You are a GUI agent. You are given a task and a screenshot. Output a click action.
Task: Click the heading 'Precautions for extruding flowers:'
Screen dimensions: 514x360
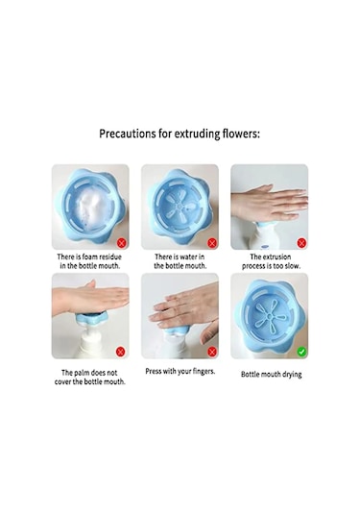180,134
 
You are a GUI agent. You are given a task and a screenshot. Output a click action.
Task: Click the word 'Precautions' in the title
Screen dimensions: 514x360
130,134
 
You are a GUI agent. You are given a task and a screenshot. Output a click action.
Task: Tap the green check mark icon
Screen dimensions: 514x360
300,352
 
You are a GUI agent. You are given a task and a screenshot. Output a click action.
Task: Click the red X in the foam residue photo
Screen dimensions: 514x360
120,243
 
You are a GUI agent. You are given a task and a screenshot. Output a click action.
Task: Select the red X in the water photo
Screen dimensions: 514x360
210,243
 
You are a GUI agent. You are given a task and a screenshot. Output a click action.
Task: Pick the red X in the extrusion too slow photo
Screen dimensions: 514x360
300,243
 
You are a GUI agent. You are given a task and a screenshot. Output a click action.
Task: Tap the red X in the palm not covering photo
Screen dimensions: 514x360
120,352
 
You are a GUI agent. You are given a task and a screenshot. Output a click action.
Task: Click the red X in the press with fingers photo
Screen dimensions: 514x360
210,352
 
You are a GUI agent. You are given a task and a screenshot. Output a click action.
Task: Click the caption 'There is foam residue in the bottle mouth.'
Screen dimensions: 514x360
89,263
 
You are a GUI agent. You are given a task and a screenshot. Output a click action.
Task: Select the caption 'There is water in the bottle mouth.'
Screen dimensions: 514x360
180,263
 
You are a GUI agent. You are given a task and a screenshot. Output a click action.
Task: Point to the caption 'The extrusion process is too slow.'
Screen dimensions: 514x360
270,263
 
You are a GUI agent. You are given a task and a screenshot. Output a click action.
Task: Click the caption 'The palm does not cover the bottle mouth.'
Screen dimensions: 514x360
89,377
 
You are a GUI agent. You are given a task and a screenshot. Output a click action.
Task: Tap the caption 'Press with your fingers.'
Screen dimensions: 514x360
180,372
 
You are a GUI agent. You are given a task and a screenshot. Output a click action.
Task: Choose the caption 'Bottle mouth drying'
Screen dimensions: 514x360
270,374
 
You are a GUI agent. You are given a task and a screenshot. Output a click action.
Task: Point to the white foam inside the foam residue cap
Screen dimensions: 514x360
88,204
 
